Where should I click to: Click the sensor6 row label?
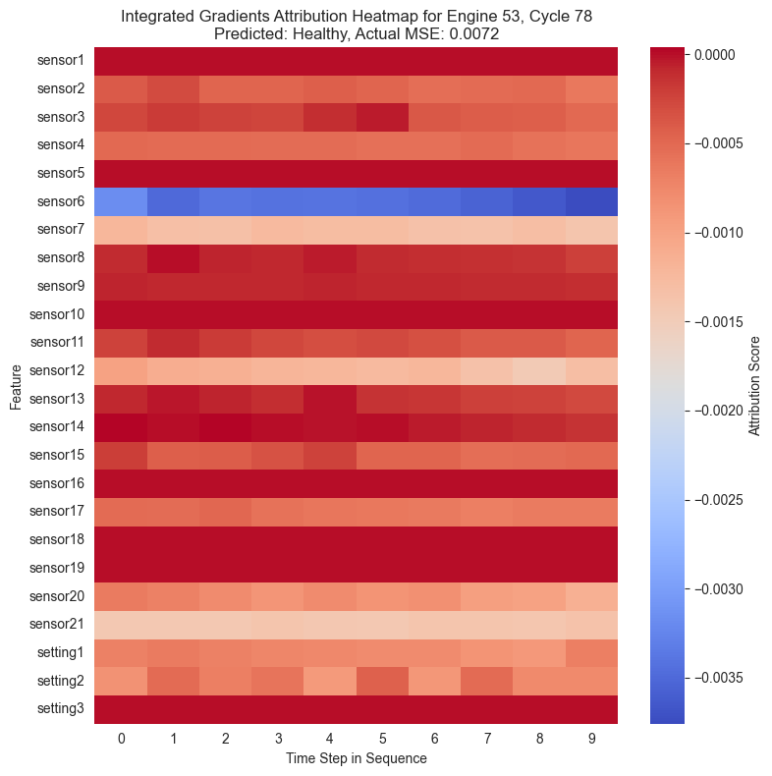coord(61,201)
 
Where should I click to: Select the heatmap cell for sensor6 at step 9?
coord(591,201)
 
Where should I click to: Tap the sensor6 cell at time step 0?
coord(121,201)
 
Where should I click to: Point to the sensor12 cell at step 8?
coord(539,371)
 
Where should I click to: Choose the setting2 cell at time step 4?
coord(330,681)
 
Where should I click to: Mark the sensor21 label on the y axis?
coord(58,625)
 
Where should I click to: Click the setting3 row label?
coord(61,709)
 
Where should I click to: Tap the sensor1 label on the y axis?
coord(61,61)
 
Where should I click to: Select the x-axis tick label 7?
coord(487,737)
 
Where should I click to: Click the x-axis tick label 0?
coord(121,737)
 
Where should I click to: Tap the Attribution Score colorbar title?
coord(754,385)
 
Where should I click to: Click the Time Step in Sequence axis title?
coord(356,758)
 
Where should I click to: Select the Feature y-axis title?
coord(15,385)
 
